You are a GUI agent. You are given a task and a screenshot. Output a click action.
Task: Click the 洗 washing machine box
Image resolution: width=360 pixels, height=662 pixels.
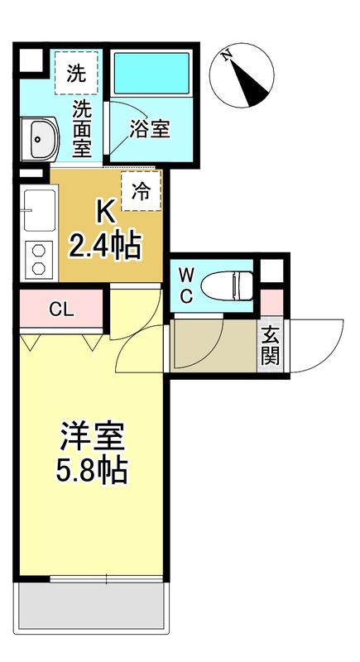(x=76, y=73)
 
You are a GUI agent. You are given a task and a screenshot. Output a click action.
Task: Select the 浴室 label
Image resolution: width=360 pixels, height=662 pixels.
(x=150, y=129)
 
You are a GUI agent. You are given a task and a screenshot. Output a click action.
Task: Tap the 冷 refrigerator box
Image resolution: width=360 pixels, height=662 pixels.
(x=142, y=191)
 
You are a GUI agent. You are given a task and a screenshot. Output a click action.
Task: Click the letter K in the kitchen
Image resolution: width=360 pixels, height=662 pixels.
(x=105, y=212)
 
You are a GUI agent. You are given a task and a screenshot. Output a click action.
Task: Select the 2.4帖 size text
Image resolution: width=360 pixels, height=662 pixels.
(x=105, y=246)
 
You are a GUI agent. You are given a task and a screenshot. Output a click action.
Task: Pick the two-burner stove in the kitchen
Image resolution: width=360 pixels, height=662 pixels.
(x=38, y=258)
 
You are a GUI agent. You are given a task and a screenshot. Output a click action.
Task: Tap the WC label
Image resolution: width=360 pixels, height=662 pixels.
(x=187, y=285)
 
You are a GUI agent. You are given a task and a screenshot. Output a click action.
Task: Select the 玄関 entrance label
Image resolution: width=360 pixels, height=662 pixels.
(x=270, y=346)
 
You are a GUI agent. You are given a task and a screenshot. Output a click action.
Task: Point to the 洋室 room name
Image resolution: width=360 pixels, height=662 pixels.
(x=91, y=436)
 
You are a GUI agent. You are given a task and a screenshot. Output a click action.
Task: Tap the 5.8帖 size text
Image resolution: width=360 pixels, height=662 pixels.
(x=91, y=472)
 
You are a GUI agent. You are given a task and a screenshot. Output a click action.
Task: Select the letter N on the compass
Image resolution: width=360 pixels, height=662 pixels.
(x=226, y=56)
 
